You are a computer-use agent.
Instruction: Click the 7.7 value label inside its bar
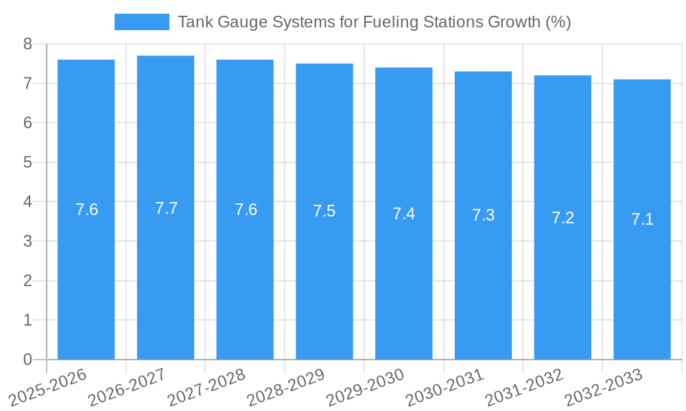(166, 208)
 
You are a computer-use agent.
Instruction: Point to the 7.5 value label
(324, 211)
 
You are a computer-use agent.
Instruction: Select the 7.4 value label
(403, 214)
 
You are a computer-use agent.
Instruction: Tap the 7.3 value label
(483, 215)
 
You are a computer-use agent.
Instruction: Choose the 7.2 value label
(563, 218)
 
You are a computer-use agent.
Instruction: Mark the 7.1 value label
(642, 219)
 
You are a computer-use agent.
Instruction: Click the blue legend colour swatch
(141, 22)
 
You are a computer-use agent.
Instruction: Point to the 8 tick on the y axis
(27, 44)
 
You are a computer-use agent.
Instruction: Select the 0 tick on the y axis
(27, 360)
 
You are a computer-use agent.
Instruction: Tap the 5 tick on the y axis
(27, 162)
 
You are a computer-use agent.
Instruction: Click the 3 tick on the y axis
(27, 241)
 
